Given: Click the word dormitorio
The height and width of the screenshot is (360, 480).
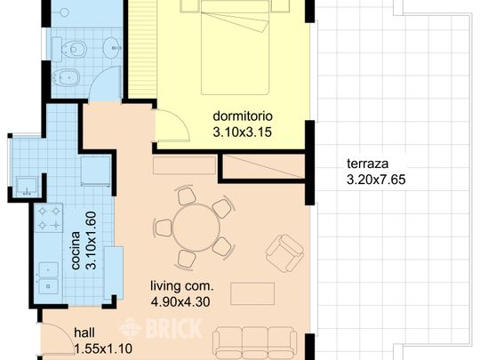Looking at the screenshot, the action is (x=243, y=116).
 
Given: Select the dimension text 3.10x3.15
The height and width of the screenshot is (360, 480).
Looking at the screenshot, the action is (x=243, y=132).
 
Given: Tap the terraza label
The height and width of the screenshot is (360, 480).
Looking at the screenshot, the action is (x=367, y=164).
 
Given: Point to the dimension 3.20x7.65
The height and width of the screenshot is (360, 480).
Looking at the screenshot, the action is (x=376, y=180).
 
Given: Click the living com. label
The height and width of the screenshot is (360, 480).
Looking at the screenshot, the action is (x=182, y=286).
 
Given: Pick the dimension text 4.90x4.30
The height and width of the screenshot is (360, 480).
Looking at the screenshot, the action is (x=180, y=302).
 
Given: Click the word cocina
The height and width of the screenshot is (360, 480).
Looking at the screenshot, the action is (x=76, y=251).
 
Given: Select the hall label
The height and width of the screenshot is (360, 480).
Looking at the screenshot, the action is (x=84, y=332).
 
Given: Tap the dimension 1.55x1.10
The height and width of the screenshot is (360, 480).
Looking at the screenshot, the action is (x=103, y=348).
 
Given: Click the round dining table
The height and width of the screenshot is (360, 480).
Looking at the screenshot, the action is (x=196, y=228).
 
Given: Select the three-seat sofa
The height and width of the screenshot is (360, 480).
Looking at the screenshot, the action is (x=255, y=343).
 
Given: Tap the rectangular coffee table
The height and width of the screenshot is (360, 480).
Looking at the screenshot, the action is (x=252, y=294).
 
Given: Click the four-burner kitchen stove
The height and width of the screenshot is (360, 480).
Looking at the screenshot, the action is (x=49, y=219).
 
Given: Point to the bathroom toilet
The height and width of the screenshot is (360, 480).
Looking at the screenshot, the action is (x=69, y=49).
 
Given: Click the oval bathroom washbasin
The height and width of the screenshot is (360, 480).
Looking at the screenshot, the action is (x=112, y=48).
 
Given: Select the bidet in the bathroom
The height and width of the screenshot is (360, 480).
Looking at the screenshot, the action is (x=66, y=77).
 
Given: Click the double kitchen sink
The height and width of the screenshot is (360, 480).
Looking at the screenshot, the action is (x=48, y=278).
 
